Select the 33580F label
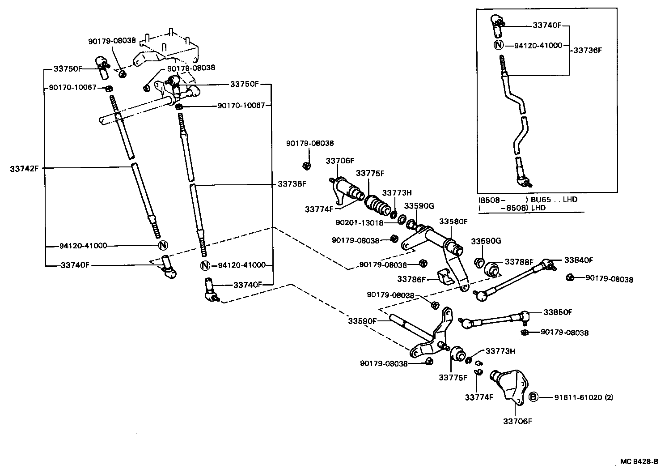point(453,222)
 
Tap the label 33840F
point(578,260)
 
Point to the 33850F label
point(558,312)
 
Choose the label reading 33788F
point(519,262)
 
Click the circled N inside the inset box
point(499,45)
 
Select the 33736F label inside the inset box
point(588,51)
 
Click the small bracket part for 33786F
point(445,277)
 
